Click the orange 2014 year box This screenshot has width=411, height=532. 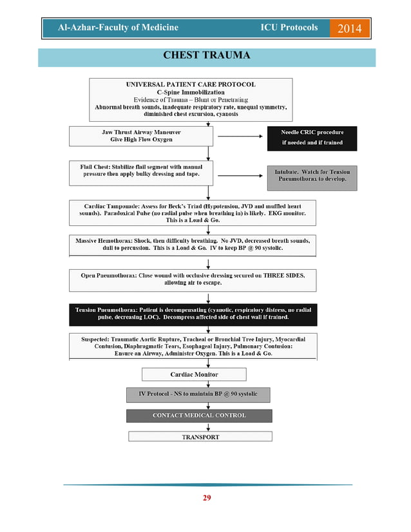pyautogui.click(x=349, y=28)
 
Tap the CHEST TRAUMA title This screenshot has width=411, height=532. pyautogui.click(x=207, y=55)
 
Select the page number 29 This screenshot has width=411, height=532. pyautogui.click(x=207, y=497)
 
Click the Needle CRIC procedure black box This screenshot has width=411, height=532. pyautogui.click(x=312, y=137)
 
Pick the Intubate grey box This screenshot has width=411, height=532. pyautogui.click(x=311, y=175)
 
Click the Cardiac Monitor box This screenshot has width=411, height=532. pyautogui.click(x=194, y=374)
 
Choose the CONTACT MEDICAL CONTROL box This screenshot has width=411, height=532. pyautogui.click(x=198, y=415)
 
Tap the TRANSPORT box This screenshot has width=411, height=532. pyautogui.click(x=200, y=437)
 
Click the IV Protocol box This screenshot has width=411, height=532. pyautogui.click(x=198, y=394)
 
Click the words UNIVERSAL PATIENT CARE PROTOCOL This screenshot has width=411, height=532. pyautogui.click(x=190, y=84)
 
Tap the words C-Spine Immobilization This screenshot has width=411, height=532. pyautogui.click(x=191, y=92)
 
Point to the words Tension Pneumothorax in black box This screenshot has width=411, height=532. pyautogui.click(x=105, y=310)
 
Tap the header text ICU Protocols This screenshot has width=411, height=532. pyautogui.click(x=289, y=28)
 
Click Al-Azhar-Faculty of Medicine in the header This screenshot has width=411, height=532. pyautogui.click(x=119, y=28)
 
